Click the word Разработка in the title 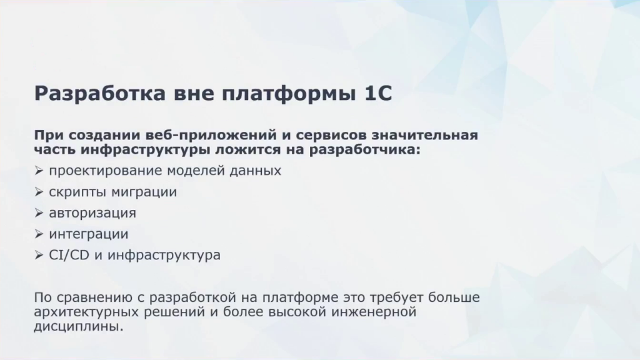point(100,94)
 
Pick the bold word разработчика point(364,150)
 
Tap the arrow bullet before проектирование point(39,171)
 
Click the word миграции point(144,192)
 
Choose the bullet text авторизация point(92,213)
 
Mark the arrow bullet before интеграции point(39,234)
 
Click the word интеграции point(89,234)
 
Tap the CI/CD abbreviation point(69,255)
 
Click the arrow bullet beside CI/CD point(39,255)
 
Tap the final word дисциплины point(78,327)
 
